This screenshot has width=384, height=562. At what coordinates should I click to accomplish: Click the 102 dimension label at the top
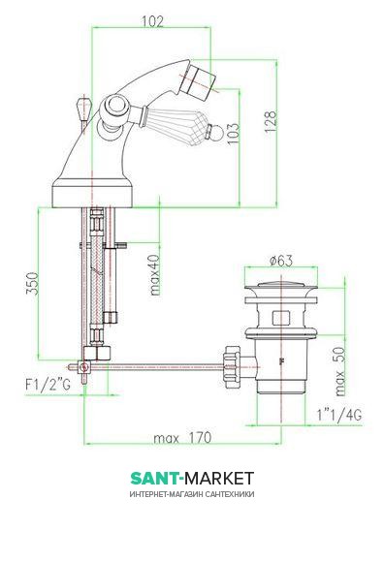click(152, 21)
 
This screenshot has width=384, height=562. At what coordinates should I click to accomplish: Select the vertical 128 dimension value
click(271, 121)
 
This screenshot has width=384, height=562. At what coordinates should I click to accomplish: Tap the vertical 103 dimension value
click(233, 134)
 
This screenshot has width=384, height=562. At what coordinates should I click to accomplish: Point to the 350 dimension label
click(32, 283)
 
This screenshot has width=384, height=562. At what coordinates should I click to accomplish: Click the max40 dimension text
click(155, 275)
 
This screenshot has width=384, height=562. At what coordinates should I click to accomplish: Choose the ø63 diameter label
click(281, 261)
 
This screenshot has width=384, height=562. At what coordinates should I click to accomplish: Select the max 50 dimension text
click(339, 371)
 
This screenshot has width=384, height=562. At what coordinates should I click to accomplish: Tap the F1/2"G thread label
click(48, 385)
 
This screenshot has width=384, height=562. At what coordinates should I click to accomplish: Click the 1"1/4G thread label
click(339, 415)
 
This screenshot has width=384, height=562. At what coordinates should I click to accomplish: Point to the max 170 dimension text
click(182, 438)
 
